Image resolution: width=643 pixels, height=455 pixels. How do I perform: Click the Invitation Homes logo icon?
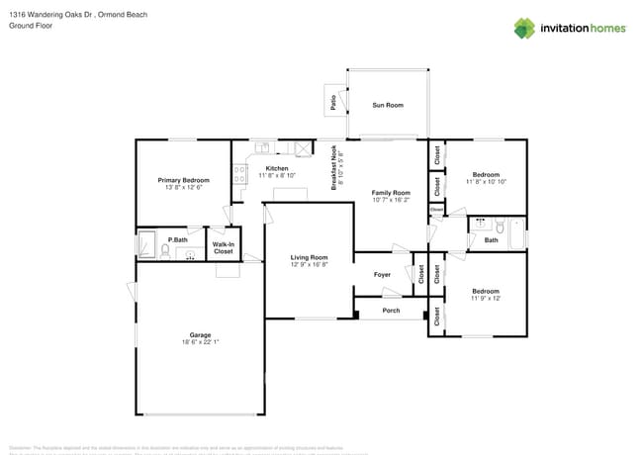tap(524, 28)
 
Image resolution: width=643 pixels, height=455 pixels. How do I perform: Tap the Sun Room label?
tap(387, 104)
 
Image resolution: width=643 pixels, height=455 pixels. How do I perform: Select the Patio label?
tap(332, 100)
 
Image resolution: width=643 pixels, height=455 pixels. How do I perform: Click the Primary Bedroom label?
tap(184, 180)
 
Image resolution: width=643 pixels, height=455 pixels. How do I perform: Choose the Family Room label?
tap(390, 192)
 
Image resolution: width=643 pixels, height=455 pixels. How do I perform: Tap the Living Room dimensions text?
tap(310, 264)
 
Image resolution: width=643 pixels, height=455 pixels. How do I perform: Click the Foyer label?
tap(382, 274)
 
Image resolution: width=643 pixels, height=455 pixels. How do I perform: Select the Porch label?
tap(391, 311)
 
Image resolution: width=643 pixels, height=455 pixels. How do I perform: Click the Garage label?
tap(200, 334)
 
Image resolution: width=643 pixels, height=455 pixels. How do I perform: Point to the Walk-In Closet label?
tap(224, 247)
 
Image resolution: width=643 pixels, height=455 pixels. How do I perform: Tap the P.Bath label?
tap(178, 239)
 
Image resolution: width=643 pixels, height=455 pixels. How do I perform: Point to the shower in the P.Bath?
tap(146, 243)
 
